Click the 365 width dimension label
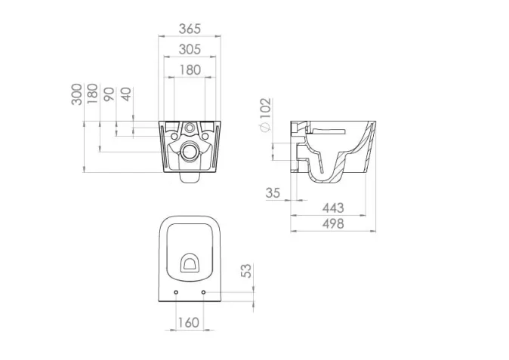tap(190, 29)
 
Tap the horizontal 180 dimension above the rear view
tap(190, 69)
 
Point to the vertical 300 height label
tap(77, 95)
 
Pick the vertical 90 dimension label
tap(109, 94)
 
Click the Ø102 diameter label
tap(264, 113)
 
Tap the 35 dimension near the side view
tap(273, 193)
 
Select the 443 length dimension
tap(332, 208)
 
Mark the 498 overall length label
tap(332, 223)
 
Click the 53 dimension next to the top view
tap(245, 272)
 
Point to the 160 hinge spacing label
tap(189, 322)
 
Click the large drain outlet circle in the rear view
tap(189, 152)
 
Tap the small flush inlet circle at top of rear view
tap(189, 127)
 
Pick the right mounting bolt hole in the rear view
tap(205, 137)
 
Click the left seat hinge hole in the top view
tap(176, 292)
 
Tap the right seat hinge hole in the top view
tap(203, 292)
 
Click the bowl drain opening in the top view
tap(190, 263)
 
